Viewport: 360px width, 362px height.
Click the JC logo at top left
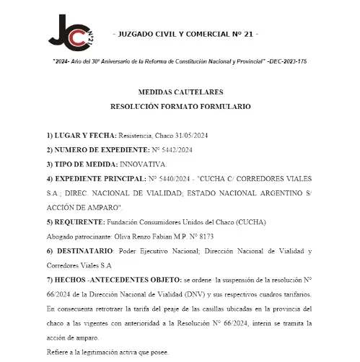(71, 34)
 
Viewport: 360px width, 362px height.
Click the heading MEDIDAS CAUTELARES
(180, 93)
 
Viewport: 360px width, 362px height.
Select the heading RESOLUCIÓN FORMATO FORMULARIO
(180, 106)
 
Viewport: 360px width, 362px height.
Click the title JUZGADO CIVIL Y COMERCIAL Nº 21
(186, 35)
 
